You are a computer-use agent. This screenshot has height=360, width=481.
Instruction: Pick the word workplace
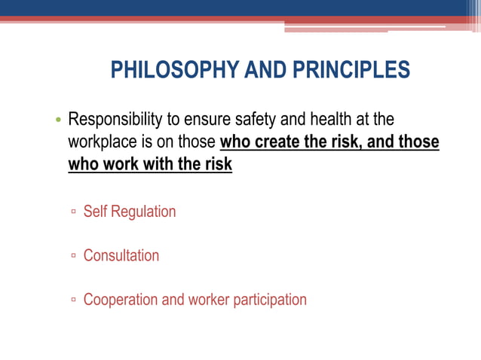[103, 142]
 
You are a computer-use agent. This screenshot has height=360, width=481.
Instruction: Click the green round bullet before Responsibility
[58, 121]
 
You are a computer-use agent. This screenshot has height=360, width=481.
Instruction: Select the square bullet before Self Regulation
[73, 212]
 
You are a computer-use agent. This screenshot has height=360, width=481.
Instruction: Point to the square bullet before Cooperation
[73, 301]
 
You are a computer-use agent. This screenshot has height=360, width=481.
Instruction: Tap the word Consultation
[121, 255]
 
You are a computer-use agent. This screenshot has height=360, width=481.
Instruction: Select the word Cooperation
[121, 300]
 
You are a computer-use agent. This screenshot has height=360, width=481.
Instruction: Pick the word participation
[269, 300]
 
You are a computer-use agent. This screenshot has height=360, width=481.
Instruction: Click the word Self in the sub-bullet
[95, 212]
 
